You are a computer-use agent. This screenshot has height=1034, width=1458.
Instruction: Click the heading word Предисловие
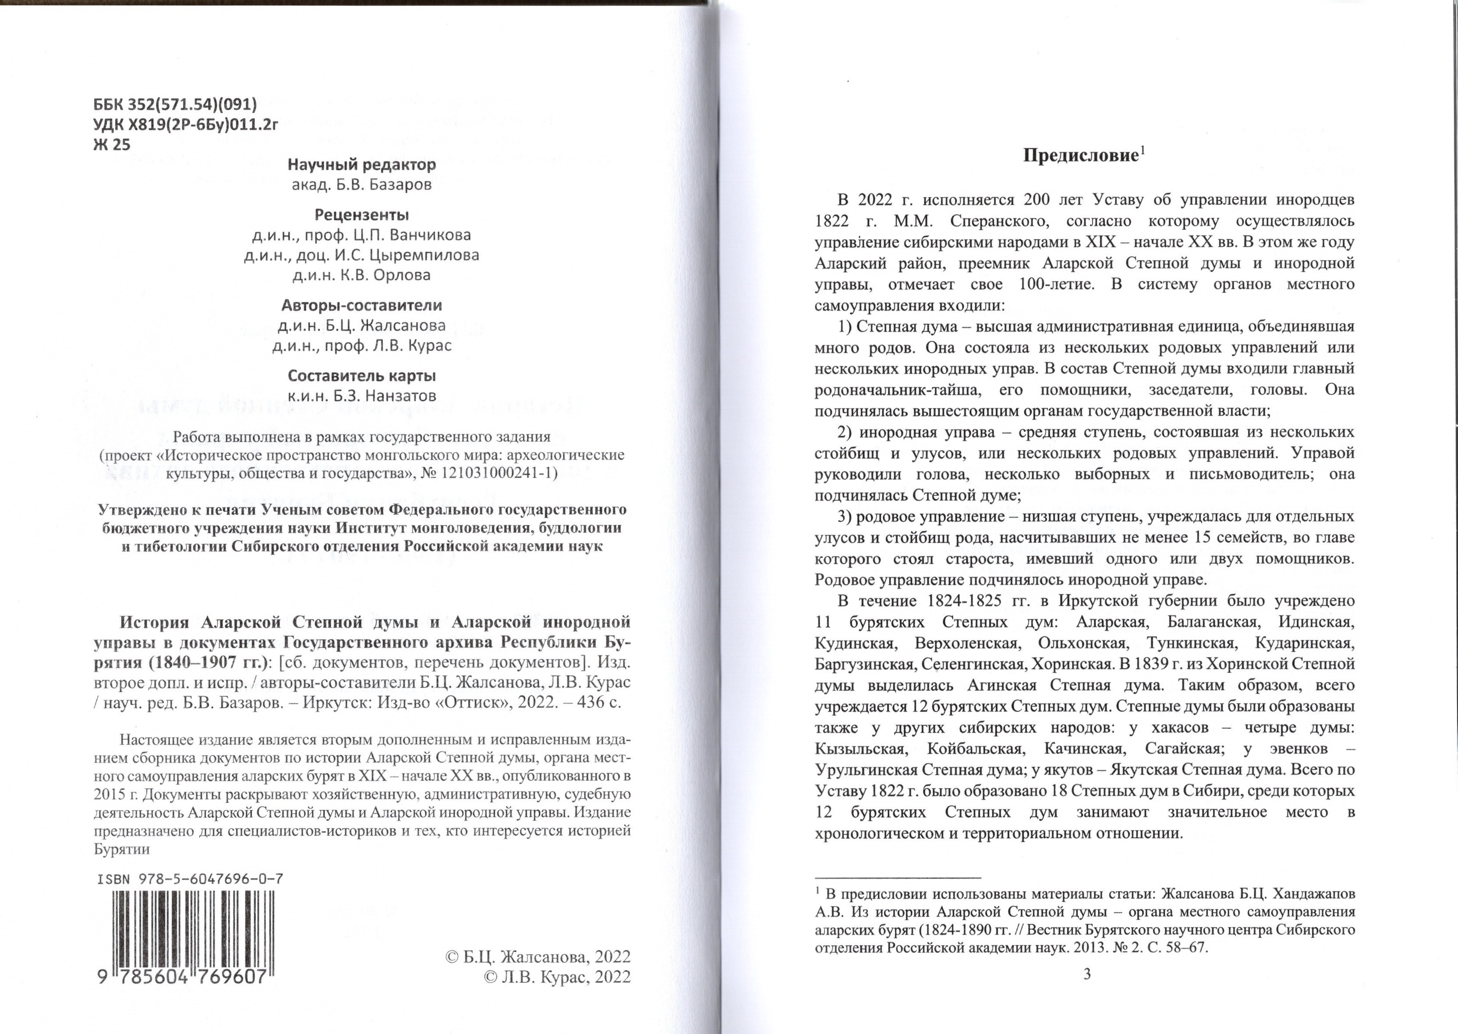(1079, 156)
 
